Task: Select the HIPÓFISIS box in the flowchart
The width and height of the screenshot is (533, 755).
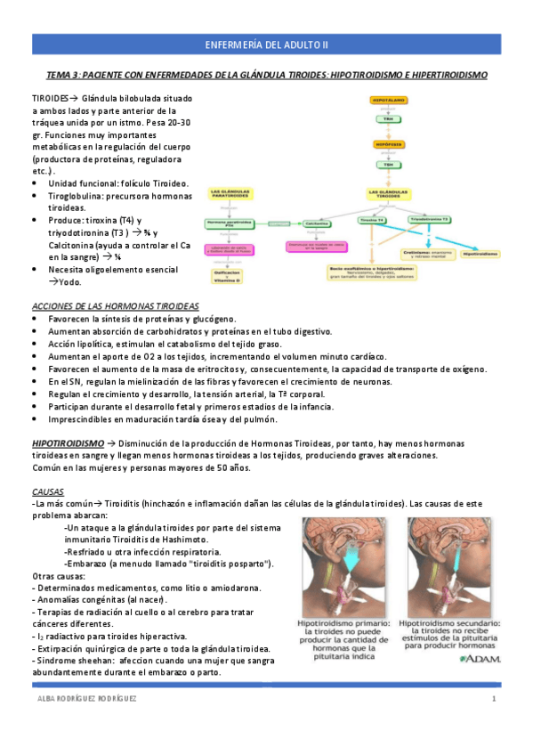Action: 388,142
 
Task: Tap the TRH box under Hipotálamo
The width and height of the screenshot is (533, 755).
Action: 388,118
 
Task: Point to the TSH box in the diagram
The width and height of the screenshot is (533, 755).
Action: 388,164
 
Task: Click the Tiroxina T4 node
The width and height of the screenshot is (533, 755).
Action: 372,219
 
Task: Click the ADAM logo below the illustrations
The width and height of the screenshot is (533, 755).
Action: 481,660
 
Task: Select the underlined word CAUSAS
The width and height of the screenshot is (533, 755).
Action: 47,491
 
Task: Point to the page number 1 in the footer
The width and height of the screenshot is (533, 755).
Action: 493,699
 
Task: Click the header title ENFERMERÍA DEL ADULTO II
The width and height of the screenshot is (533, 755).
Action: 266,44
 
